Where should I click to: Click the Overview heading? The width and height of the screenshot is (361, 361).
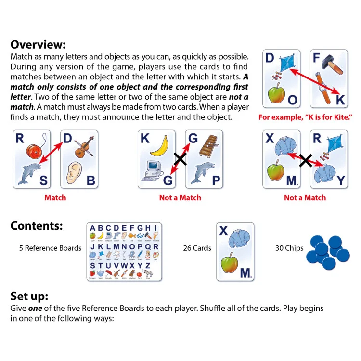[x=38, y=45]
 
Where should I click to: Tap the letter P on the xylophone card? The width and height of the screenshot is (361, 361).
[x=216, y=180]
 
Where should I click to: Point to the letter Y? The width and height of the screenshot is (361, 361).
[x=340, y=180]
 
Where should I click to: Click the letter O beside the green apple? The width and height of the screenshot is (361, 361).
[x=292, y=100]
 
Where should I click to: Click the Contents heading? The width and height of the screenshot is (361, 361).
[x=37, y=226]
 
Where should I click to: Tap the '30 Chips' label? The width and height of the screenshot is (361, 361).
[x=289, y=248]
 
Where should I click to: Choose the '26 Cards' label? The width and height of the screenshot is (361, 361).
[x=197, y=248]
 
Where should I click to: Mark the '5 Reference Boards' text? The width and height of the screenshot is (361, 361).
[x=50, y=248]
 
